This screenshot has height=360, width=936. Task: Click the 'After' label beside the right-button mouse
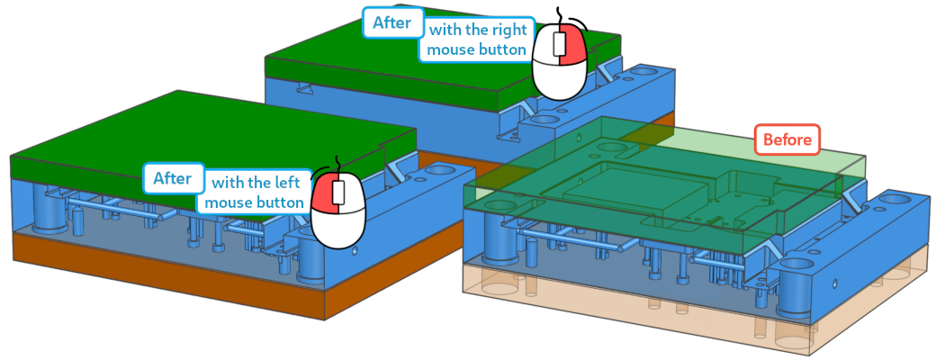tap(391, 23)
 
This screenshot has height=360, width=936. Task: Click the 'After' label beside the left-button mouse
tap(173, 178)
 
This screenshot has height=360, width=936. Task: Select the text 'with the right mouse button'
tap(478, 39)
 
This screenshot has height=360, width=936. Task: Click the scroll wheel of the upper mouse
tap(558, 43)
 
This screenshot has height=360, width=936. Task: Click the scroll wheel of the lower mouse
tap(339, 193)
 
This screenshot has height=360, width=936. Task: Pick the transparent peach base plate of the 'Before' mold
tap(687, 310)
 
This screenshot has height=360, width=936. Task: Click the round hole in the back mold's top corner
tap(643, 71)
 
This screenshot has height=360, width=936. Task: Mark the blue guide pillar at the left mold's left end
tap(49, 209)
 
